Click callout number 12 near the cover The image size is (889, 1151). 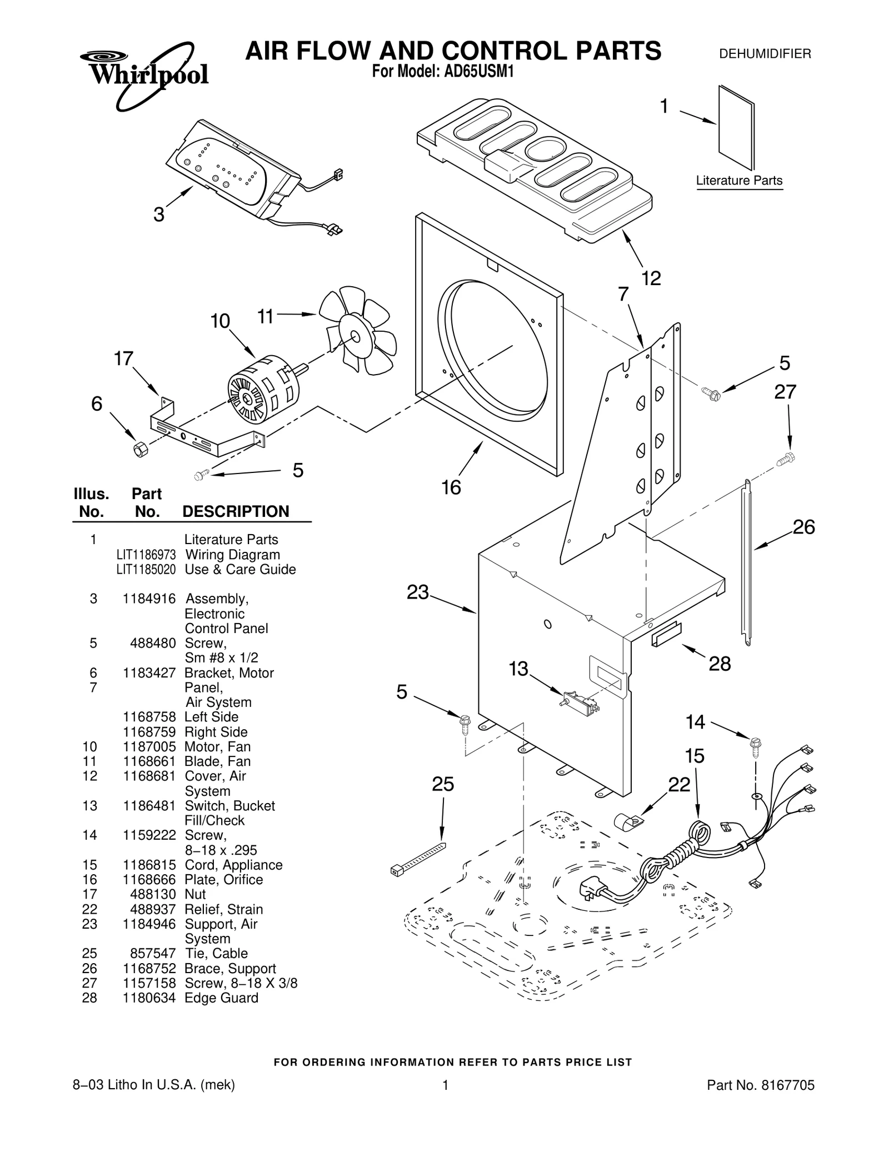pyautogui.click(x=651, y=278)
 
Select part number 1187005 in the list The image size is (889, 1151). pyautogui.click(x=149, y=746)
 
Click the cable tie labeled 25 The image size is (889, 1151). pyautogui.click(x=418, y=859)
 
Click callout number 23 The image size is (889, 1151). pyautogui.click(x=418, y=592)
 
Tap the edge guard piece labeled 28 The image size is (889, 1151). pyautogui.click(x=666, y=634)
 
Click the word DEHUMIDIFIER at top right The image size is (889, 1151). pyautogui.click(x=765, y=54)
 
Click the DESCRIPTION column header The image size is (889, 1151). pyautogui.click(x=236, y=511)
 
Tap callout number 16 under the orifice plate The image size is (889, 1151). pyautogui.click(x=451, y=487)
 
